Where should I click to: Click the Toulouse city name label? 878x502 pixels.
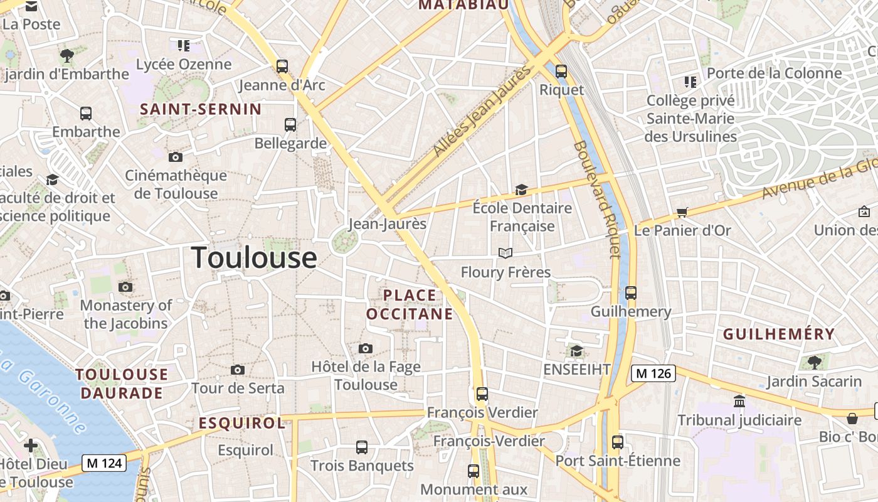254,258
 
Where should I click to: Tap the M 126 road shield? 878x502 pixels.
653,373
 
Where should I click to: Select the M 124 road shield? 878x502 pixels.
105,464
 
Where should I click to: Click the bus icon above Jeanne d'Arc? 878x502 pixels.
282,66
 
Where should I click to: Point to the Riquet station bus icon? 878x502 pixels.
561,71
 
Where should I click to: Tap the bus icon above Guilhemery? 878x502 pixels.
631,293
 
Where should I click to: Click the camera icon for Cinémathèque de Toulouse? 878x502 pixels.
176,157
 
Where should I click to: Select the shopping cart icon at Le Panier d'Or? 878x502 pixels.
682,212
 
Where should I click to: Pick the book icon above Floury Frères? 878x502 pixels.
505,253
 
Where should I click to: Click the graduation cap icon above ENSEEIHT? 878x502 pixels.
576,351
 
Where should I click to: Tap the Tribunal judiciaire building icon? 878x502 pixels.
739,401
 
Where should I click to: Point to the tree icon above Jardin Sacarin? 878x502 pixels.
814,362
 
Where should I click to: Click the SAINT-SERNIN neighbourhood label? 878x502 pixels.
201,109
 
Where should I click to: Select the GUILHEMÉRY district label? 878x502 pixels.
779,334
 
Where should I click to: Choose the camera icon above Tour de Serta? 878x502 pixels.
238,370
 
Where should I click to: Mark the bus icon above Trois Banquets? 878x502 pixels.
362,447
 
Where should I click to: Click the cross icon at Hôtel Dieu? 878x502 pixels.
31,446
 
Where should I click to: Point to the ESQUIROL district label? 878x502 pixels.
242,424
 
